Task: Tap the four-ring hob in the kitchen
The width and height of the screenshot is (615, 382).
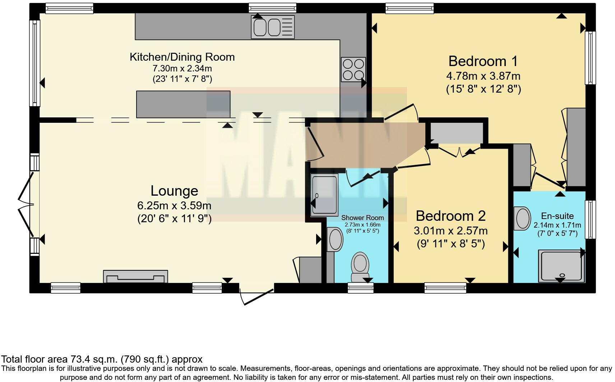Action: coord(353,69)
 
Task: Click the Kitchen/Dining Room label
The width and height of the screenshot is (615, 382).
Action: coord(182,57)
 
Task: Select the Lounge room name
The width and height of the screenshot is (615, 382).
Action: coord(174,191)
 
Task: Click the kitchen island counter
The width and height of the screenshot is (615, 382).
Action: coord(183,104)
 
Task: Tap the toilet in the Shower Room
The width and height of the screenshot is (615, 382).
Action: coord(360,266)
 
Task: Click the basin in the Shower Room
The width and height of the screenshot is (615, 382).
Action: coord(336,240)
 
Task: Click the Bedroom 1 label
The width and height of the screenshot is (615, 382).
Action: coord(483,61)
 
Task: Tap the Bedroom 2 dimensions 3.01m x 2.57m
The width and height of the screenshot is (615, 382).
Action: coord(451,230)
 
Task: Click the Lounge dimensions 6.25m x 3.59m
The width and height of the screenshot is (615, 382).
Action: coord(174,206)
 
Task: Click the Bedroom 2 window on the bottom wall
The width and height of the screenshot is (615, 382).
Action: coord(445,288)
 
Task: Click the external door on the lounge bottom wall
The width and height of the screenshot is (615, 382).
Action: coord(257,294)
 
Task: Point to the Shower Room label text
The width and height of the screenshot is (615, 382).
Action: coord(362,218)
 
